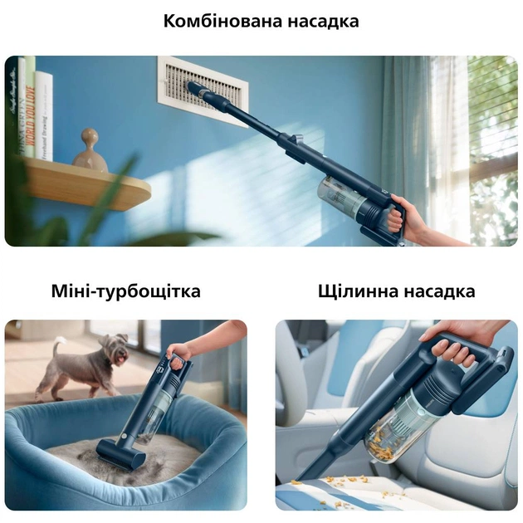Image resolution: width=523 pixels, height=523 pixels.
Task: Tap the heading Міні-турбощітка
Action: coord(125,291)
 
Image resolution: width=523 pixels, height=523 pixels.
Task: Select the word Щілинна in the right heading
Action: coord(355,291)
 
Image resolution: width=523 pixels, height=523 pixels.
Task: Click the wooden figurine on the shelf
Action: coord(90,151)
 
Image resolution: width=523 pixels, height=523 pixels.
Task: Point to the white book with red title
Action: coord(43,116)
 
